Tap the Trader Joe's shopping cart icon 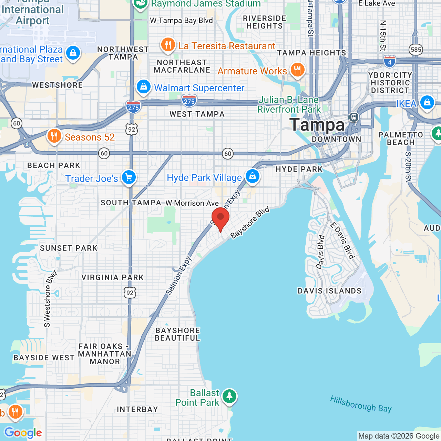click(x=129, y=177)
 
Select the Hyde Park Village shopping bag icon click(x=253, y=176)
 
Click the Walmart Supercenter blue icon click(x=144, y=86)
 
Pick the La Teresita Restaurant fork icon click(x=168, y=45)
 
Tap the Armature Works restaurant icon click(x=297, y=70)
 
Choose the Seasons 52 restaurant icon click(x=54, y=136)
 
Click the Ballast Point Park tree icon click(x=229, y=396)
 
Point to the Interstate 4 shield click(x=390, y=62)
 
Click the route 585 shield click(x=416, y=50)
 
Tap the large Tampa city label click(x=317, y=125)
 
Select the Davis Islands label click(x=329, y=291)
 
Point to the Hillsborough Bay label click(x=361, y=404)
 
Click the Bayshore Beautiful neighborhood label click(x=177, y=334)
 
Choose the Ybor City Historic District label click(x=390, y=83)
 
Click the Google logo click(x=23, y=432)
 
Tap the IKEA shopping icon click(x=427, y=103)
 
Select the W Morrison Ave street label click(x=192, y=203)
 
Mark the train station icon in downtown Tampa click(x=354, y=117)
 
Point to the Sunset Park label click(x=69, y=248)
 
